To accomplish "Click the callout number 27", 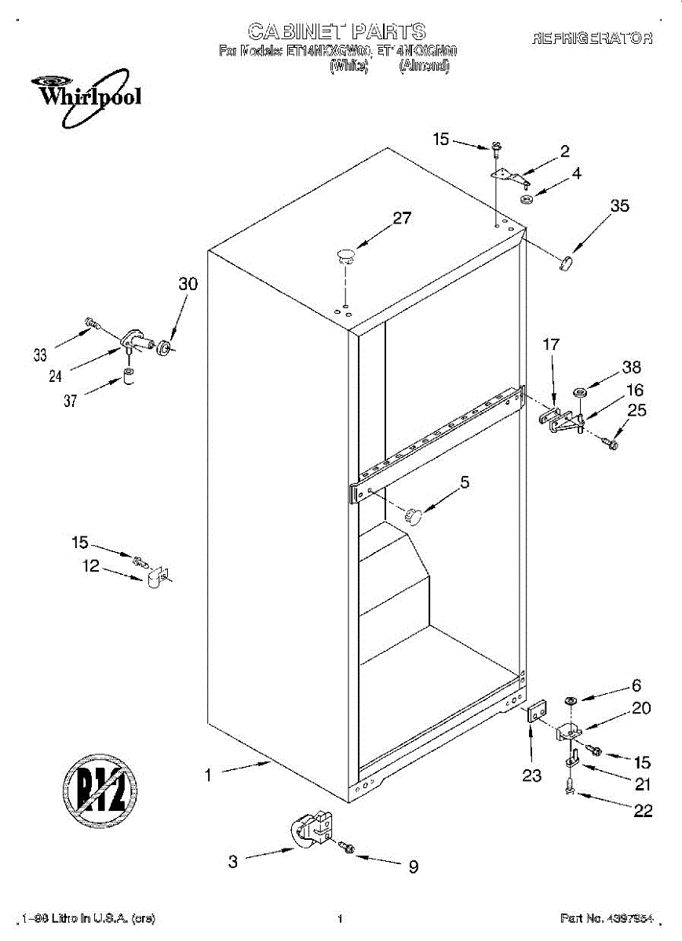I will click(402, 219).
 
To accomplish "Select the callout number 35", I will click(619, 206).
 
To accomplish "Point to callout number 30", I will click(188, 285).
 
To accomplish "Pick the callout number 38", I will click(631, 367).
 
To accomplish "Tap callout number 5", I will click(465, 483).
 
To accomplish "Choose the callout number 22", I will click(643, 812).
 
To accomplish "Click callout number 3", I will click(233, 862).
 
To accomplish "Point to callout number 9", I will click(412, 867).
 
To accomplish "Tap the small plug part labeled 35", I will click(568, 261).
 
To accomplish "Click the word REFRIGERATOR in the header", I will click(592, 38).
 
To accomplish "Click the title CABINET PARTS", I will click(337, 31).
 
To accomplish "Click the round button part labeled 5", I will click(414, 515).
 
